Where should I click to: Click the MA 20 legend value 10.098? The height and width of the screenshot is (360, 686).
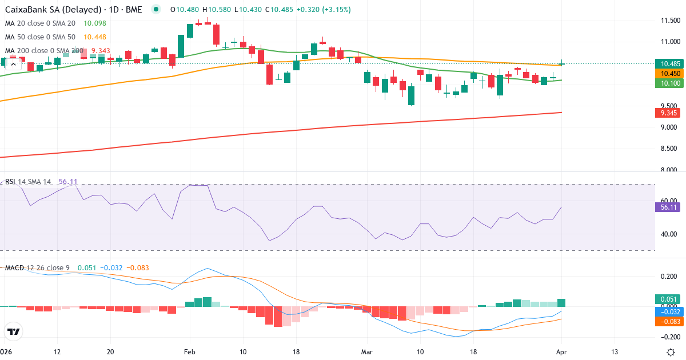point(95,23)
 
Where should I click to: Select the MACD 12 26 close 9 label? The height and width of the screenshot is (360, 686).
point(38,268)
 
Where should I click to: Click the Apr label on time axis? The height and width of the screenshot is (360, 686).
point(561,352)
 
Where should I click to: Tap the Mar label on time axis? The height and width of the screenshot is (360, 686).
point(366,352)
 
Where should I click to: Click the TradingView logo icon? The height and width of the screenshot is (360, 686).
point(13,331)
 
